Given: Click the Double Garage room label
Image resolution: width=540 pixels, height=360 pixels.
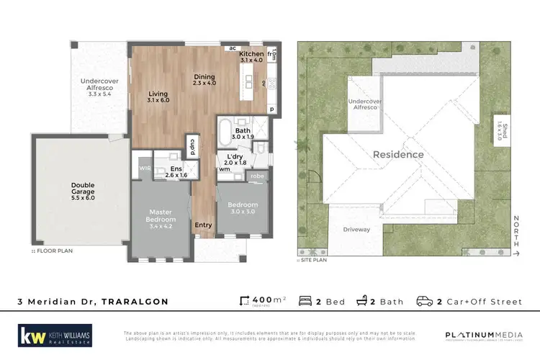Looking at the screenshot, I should point(82,189).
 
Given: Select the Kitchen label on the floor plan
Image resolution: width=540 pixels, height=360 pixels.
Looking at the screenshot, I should point(252,55).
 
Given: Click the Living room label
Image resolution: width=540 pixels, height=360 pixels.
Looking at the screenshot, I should point(158,96).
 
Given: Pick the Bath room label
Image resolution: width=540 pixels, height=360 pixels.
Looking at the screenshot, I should point(241,132).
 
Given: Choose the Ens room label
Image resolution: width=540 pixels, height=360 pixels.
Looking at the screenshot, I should point(176,171).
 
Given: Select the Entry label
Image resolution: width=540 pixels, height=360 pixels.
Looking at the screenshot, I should point(203,225).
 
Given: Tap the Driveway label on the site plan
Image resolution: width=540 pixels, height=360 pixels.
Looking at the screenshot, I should point(357,230).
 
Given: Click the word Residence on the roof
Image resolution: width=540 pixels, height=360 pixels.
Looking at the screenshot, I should point(397,154).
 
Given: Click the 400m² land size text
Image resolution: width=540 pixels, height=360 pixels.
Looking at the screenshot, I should point(258,302).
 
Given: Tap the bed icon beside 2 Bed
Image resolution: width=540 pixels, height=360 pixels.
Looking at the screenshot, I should point(304,302).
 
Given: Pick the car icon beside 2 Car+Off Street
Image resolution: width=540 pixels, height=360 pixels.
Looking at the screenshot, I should point(425,302).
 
